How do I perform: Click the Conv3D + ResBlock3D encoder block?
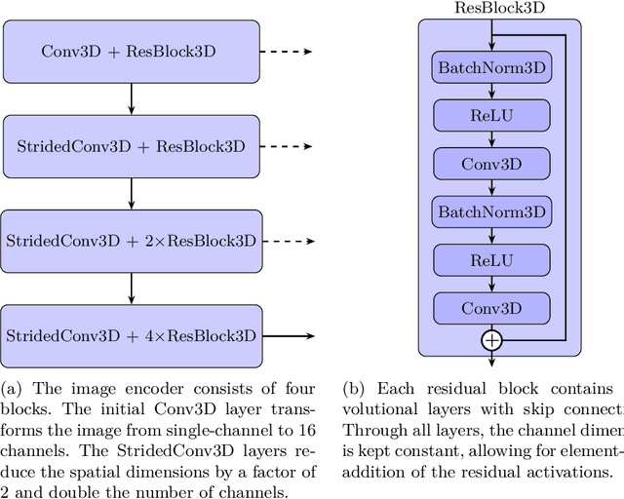point(131,51)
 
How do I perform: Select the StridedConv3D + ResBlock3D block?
point(131,145)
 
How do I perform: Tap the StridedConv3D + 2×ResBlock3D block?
point(131,240)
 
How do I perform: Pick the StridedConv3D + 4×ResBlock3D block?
point(131,335)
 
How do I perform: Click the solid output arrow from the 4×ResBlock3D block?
point(288,335)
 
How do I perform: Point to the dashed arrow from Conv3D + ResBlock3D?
point(288,51)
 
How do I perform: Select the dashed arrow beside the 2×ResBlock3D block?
point(288,240)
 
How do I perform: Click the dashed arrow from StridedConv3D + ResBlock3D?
point(288,145)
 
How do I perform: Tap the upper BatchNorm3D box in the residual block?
point(492,68)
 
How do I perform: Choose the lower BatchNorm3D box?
point(492,211)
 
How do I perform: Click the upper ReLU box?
point(492,116)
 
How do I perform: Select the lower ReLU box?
point(492,259)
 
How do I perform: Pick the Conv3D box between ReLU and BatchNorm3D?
point(492,164)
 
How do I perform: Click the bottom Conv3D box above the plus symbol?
point(492,308)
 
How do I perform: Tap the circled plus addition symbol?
point(492,340)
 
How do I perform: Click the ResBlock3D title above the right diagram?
point(499,8)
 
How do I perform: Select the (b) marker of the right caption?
point(355,385)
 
